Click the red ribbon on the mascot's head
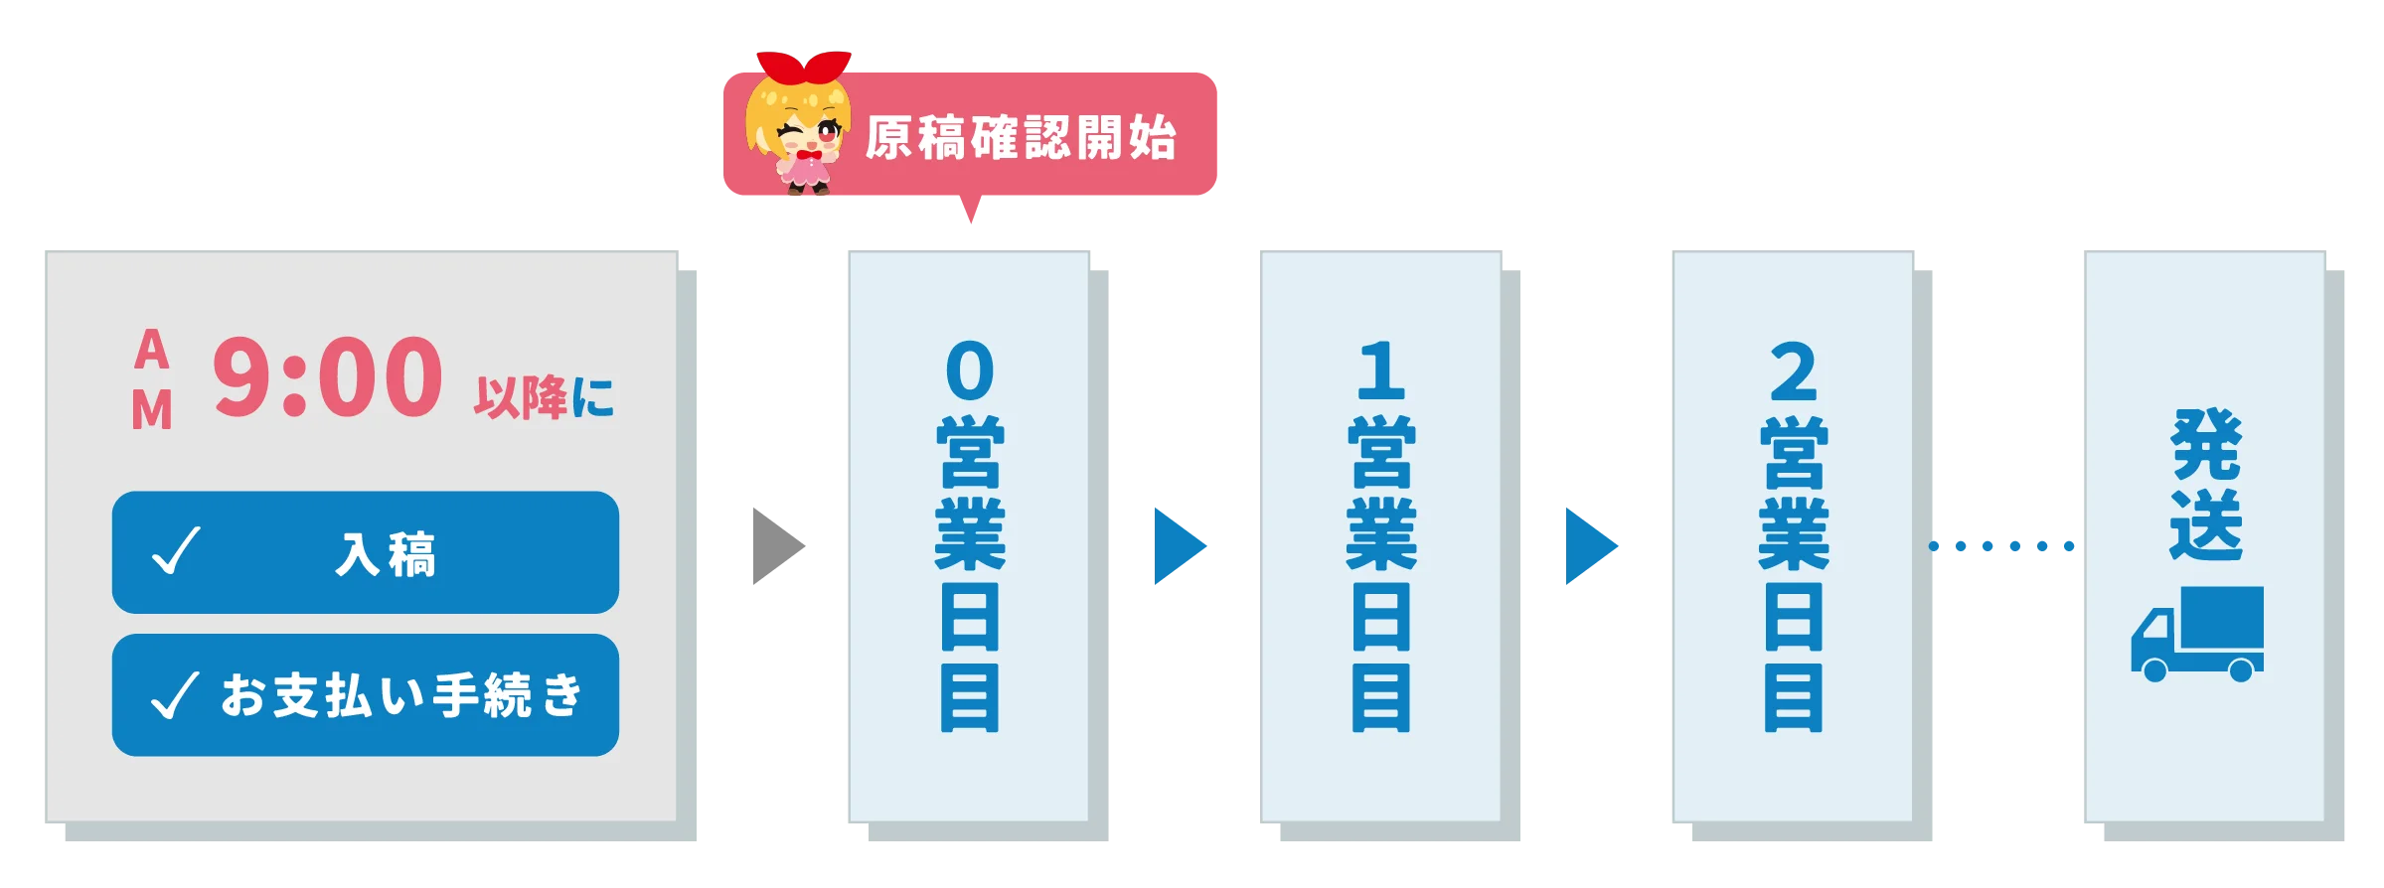tap(804, 67)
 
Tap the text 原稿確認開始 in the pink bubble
tap(1021, 137)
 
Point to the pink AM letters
tap(152, 378)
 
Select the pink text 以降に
tap(544, 397)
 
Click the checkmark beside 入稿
tap(176, 550)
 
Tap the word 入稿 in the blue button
tap(386, 554)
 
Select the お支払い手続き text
tap(401, 694)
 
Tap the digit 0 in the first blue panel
tap(970, 370)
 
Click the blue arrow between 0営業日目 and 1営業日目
tap(1181, 546)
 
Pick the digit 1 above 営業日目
tap(1381, 370)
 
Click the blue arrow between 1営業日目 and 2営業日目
tap(1592, 546)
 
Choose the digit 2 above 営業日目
tap(1794, 370)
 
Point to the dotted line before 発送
tap(2001, 546)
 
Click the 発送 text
tap(2206, 485)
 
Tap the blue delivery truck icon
tap(2197, 634)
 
